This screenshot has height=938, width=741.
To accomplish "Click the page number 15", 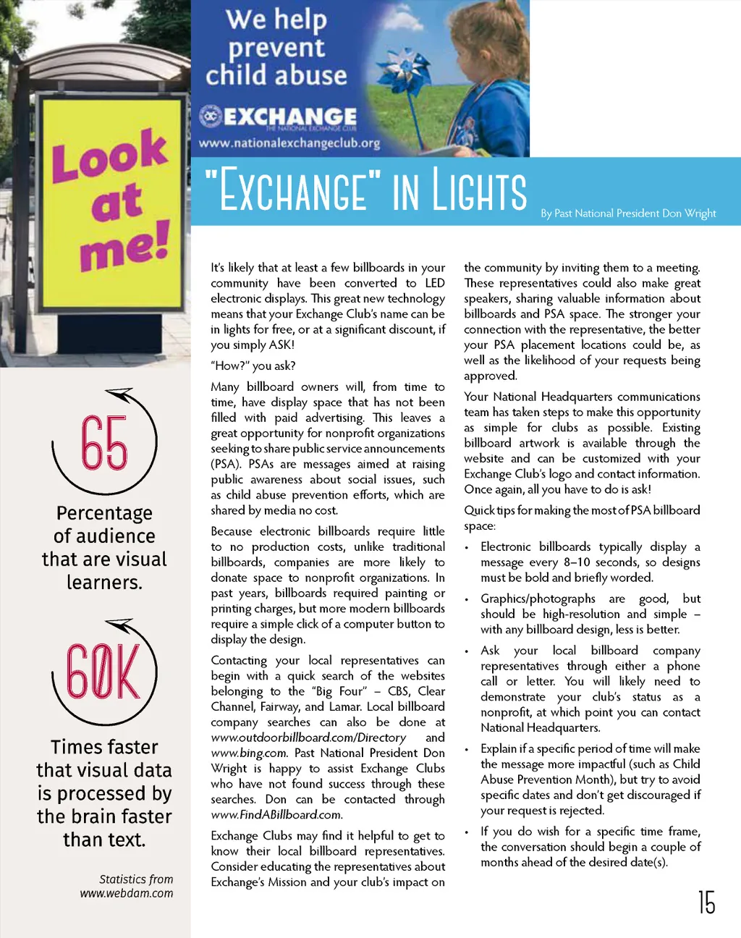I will click(707, 902).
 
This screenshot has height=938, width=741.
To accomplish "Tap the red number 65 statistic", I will click(104, 442).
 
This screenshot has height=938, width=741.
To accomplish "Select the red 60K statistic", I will click(103, 671).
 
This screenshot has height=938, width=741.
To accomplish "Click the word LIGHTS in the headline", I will click(480, 190).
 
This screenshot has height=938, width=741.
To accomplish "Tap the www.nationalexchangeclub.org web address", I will click(289, 143).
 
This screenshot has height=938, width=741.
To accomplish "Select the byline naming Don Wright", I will click(628, 214).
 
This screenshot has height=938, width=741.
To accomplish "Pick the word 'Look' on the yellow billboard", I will click(109, 154).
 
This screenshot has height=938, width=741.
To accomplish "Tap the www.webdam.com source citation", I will click(127, 893).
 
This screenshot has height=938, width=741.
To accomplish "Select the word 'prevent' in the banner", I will click(276, 48).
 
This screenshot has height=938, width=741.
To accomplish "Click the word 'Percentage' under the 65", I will click(104, 513).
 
